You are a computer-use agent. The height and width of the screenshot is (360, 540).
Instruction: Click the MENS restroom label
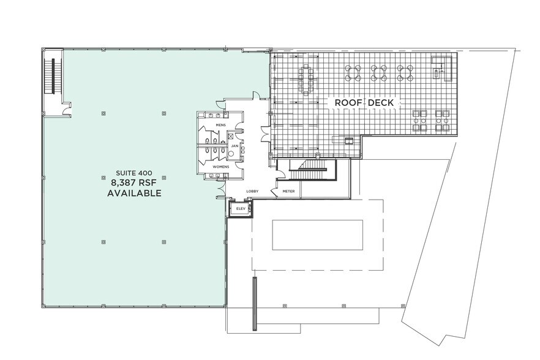click(x=220, y=125)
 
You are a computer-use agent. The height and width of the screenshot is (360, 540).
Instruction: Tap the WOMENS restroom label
click(x=221, y=167)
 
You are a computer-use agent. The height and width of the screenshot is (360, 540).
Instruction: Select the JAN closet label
click(x=234, y=146)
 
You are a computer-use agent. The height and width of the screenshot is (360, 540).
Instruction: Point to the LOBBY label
click(x=252, y=191)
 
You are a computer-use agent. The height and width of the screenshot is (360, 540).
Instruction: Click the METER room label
click(x=288, y=191)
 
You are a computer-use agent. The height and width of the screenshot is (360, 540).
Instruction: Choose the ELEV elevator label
click(x=241, y=208)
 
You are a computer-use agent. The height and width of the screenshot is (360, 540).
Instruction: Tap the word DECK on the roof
click(x=380, y=103)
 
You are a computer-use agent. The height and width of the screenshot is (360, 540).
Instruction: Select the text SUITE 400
click(x=134, y=173)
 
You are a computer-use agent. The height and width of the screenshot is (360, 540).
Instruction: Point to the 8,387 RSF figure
click(x=134, y=182)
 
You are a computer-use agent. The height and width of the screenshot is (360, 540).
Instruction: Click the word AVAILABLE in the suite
click(x=134, y=193)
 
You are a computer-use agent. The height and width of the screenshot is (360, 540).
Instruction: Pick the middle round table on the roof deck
click(x=379, y=73)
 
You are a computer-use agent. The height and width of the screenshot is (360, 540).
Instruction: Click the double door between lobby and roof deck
click(x=266, y=133)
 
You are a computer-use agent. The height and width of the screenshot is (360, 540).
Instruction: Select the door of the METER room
click(x=274, y=192)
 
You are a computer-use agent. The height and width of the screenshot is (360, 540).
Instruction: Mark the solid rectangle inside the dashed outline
click(x=318, y=235)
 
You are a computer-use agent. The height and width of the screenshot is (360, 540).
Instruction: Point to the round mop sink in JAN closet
click(x=231, y=154)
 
